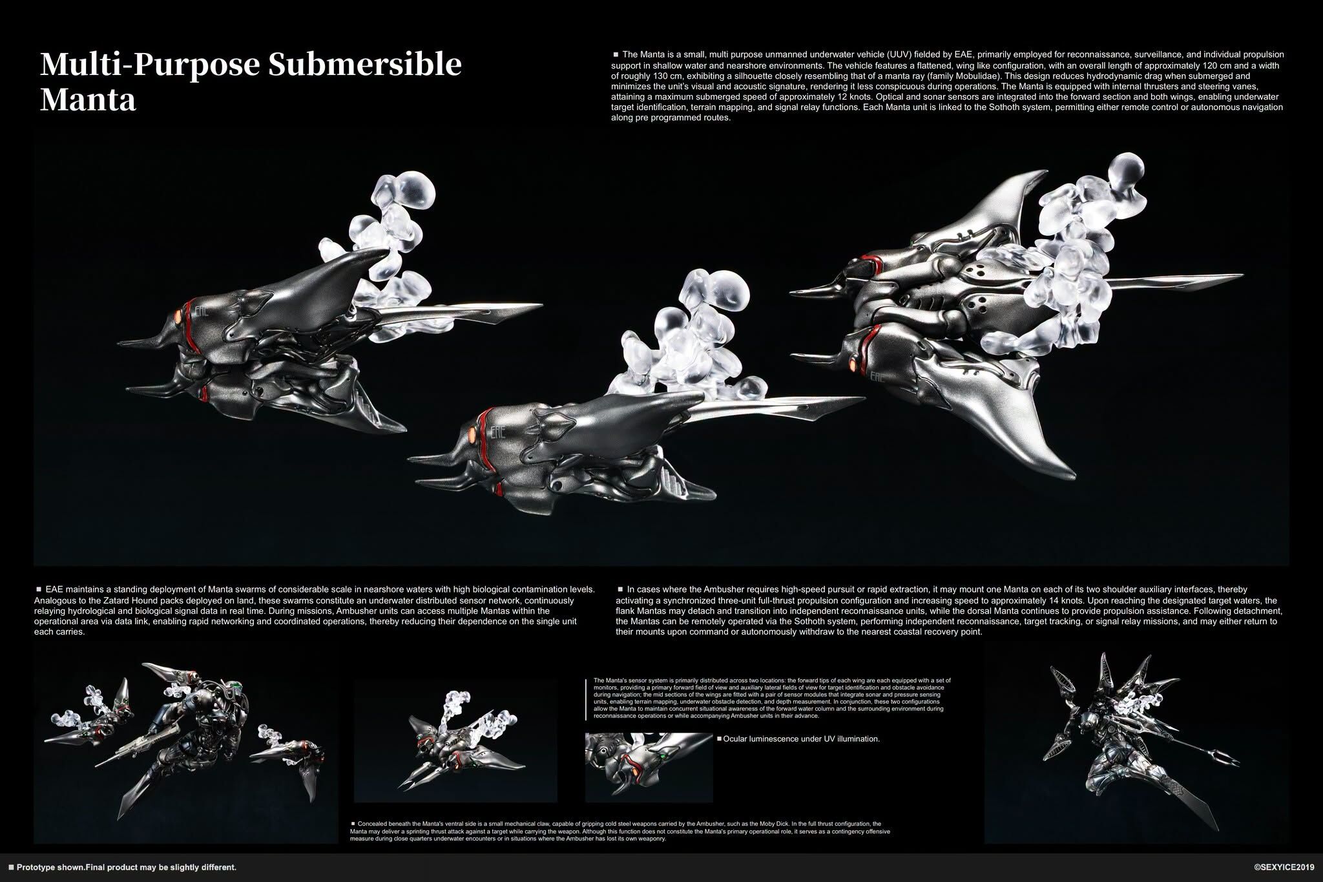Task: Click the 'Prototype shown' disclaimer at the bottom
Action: pos(122,867)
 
